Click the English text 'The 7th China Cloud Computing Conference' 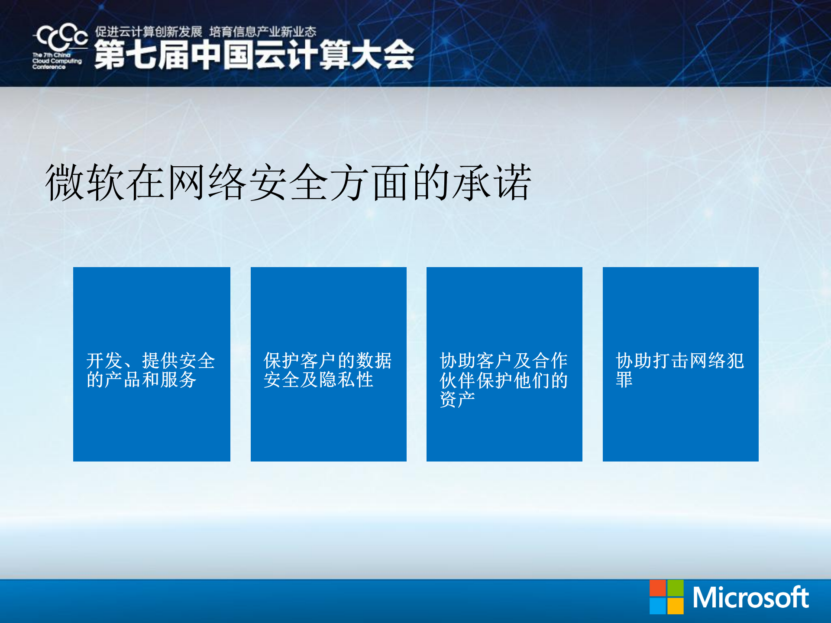tap(56, 61)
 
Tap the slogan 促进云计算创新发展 tap(149, 32)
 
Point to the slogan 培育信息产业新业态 tap(262, 32)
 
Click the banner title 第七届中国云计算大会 tap(254, 55)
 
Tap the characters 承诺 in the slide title tap(492, 183)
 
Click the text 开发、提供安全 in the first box tap(150, 361)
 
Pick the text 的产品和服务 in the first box tap(141, 380)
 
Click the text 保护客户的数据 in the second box tap(327, 361)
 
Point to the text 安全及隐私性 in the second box tap(318, 380)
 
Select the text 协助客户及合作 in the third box tap(503, 361)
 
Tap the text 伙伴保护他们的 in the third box tap(503, 381)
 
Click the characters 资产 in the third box tap(457, 399)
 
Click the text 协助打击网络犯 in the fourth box tap(679, 361)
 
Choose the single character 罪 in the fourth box tap(624, 380)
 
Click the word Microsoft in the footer tap(750, 598)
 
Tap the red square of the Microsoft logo tap(657, 588)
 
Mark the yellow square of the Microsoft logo tap(675, 606)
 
